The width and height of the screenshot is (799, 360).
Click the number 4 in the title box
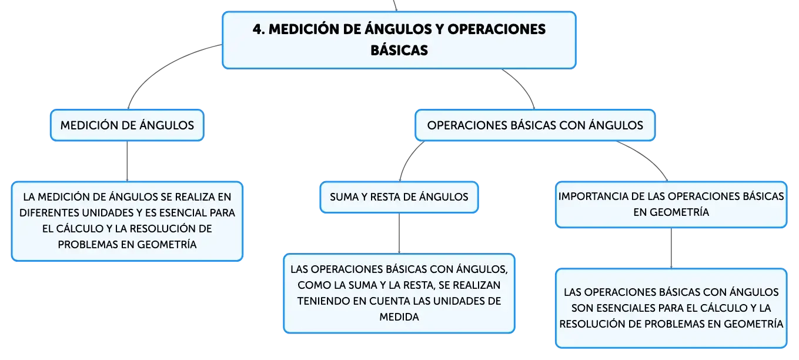[x=257, y=29]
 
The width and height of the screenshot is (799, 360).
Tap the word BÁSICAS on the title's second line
[x=399, y=51]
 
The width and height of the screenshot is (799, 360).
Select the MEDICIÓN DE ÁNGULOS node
[x=127, y=125]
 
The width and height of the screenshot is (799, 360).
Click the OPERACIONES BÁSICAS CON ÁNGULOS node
[x=535, y=125]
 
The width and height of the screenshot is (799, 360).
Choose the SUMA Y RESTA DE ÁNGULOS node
[x=399, y=197]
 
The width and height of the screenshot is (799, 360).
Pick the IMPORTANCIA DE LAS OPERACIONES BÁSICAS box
[x=671, y=205]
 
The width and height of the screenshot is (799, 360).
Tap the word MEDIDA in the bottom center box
[x=399, y=317]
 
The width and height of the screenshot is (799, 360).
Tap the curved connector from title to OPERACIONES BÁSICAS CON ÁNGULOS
[x=523, y=86]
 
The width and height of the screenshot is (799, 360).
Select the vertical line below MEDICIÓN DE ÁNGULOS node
[x=127, y=161]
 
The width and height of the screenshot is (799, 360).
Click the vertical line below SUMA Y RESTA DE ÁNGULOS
[x=399, y=234]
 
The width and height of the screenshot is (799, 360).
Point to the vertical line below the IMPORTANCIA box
[x=671, y=248]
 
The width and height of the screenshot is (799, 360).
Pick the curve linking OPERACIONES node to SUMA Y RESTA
[x=409, y=158]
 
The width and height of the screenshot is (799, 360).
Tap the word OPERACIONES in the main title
[x=497, y=29]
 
